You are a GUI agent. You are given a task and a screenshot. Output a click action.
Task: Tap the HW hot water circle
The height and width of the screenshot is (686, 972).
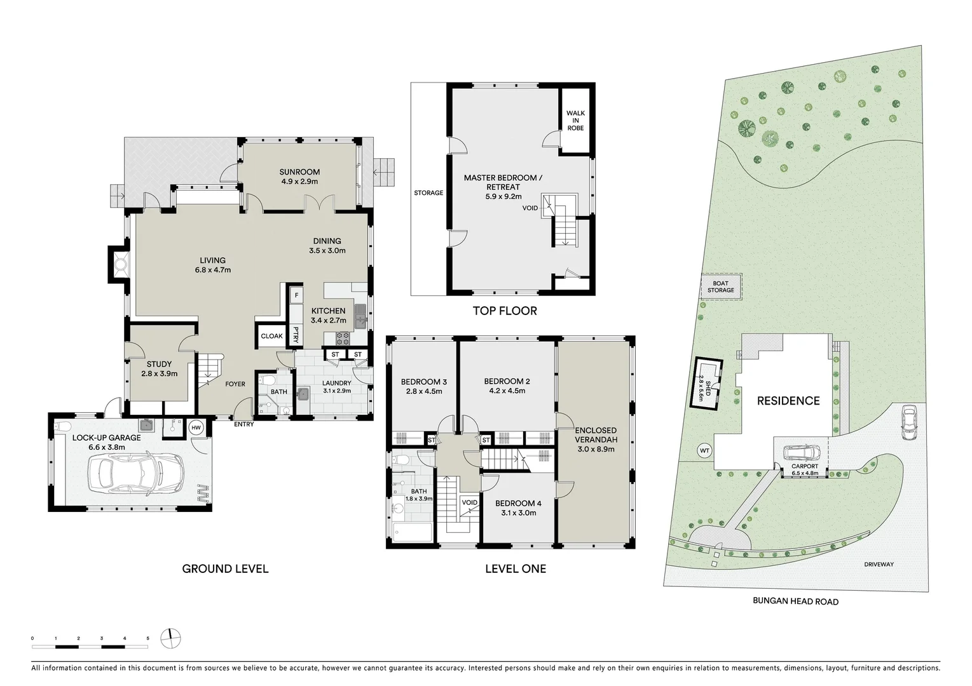coord(196,427)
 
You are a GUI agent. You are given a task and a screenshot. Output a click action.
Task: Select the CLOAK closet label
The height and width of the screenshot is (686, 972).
coord(271,336)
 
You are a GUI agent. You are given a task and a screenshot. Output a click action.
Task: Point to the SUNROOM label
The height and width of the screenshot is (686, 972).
coord(299,172)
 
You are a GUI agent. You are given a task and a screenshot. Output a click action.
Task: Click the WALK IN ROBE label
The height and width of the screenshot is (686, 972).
coord(575,121)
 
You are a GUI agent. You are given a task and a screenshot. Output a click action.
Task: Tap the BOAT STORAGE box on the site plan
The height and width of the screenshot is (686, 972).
coord(720,287)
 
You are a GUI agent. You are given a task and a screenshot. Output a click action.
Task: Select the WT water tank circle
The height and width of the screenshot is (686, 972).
coord(704,450)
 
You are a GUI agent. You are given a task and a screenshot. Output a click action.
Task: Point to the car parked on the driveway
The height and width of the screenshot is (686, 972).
coord(908,422)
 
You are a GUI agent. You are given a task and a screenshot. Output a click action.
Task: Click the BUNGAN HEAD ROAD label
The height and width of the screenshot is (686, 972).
coord(795,602)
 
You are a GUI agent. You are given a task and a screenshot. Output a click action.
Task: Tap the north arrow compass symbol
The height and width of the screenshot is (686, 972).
coord(170,637)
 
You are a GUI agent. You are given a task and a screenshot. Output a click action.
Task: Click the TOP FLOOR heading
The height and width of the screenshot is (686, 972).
coord(505,311)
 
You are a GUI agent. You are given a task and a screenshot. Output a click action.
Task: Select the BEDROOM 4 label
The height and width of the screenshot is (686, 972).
coord(518,504)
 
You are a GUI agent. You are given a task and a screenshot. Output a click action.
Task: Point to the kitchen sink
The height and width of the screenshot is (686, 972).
coord(360,315)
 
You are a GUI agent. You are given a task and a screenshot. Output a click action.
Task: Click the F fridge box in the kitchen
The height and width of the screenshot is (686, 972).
coord(296,296)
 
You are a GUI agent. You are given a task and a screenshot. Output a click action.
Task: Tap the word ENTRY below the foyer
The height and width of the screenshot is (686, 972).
coord(243,424)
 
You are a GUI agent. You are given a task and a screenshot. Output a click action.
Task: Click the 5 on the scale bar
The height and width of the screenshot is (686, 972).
coord(147,638)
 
